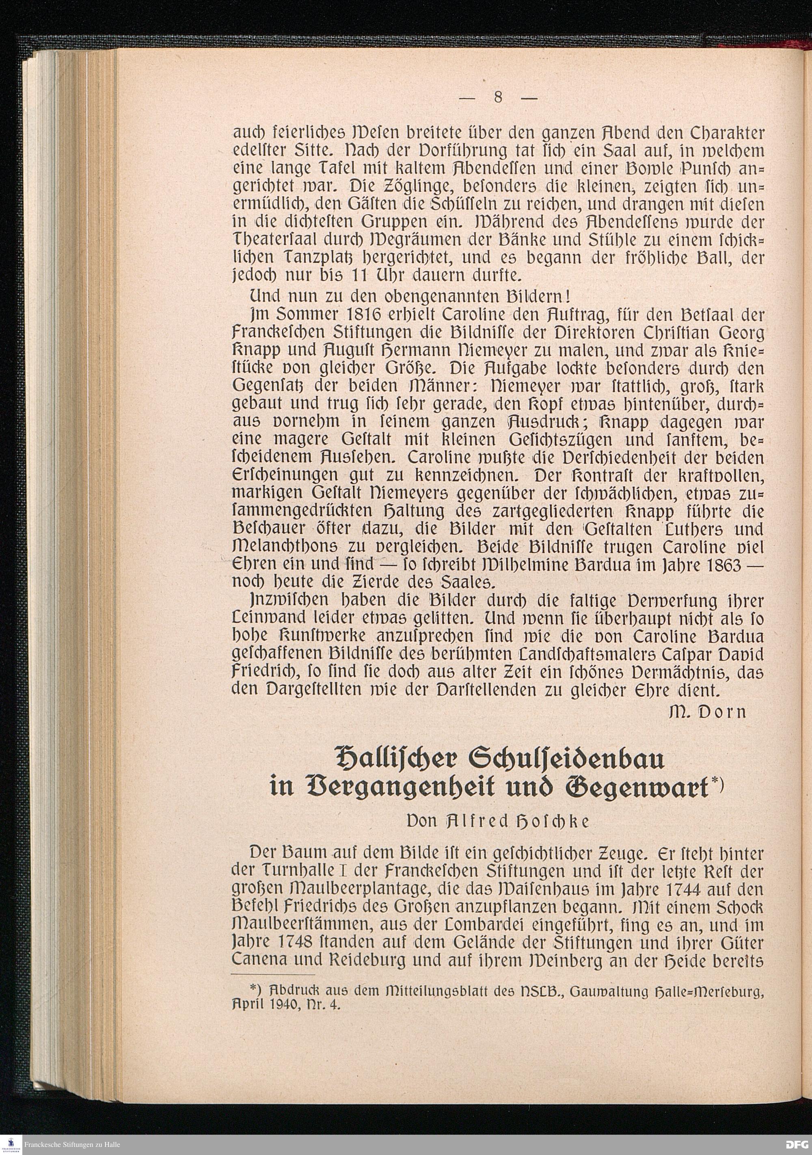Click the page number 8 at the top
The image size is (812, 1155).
click(498, 97)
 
